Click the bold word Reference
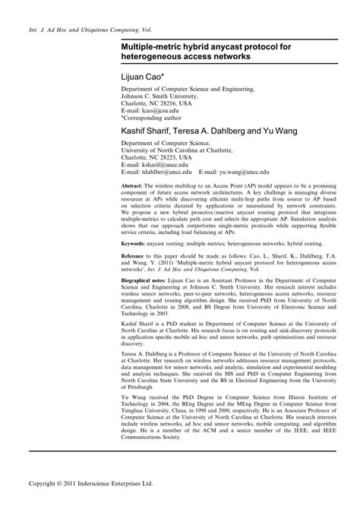135,257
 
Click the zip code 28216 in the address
169,103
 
